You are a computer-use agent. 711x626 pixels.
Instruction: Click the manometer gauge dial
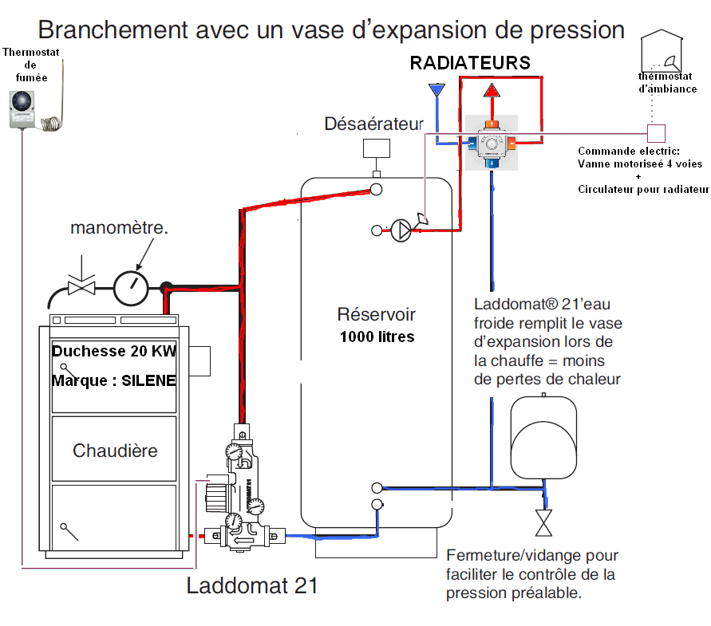131,286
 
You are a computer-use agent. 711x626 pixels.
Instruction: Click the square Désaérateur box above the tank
376,149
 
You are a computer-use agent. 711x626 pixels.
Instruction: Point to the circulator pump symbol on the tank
401,230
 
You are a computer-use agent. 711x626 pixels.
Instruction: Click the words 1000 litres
377,337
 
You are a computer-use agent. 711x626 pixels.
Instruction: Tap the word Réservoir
377,315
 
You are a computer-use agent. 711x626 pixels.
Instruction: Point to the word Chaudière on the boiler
115,451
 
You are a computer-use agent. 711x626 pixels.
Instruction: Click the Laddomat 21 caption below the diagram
252,586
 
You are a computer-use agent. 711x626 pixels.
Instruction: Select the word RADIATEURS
470,63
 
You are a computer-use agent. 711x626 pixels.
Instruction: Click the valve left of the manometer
81,285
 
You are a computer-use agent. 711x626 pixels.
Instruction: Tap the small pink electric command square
655,132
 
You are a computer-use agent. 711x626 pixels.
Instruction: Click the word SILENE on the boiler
149,380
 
